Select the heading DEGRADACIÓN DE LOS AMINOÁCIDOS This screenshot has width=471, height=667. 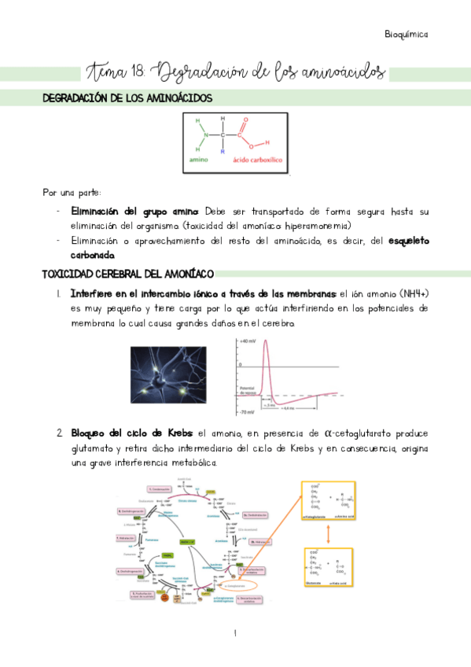(x=126, y=98)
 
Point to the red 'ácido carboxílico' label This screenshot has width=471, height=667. (x=258, y=160)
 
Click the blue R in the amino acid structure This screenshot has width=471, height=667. (x=223, y=151)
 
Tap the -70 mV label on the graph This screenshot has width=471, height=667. (x=247, y=411)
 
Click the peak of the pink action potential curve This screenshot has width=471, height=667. (x=267, y=341)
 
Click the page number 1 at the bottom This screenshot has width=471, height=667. (x=235, y=634)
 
